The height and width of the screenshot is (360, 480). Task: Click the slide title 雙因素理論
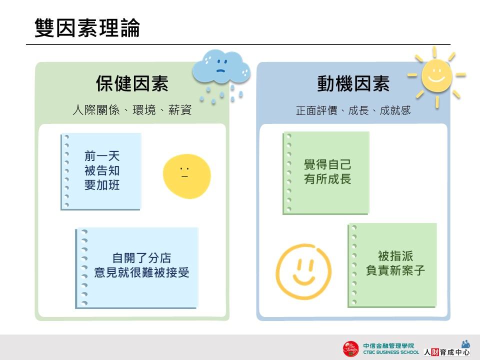(87, 28)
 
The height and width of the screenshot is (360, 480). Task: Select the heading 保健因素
(132, 83)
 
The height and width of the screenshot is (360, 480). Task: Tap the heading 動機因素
(353, 83)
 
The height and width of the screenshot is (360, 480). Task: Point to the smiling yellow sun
(436, 76)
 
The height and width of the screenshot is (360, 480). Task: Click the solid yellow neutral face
(186, 176)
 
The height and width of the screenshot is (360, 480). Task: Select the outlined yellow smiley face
(303, 271)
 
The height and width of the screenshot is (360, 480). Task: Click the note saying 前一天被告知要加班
(101, 171)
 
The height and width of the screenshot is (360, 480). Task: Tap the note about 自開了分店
(137, 268)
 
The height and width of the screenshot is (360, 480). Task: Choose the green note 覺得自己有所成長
(326, 173)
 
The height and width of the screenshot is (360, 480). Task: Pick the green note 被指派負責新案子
(392, 265)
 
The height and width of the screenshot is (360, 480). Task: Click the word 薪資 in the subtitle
(180, 110)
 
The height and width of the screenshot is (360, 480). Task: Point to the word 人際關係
(96, 110)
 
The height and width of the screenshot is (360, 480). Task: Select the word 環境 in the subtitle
(144, 110)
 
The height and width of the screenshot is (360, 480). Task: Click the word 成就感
(395, 110)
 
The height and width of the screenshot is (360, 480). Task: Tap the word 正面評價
(316, 110)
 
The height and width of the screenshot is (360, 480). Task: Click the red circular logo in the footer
(351, 349)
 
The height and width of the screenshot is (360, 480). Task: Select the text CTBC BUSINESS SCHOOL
(391, 352)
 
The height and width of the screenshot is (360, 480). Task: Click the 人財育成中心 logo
(446, 348)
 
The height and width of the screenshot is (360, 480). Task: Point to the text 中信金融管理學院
(389, 346)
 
